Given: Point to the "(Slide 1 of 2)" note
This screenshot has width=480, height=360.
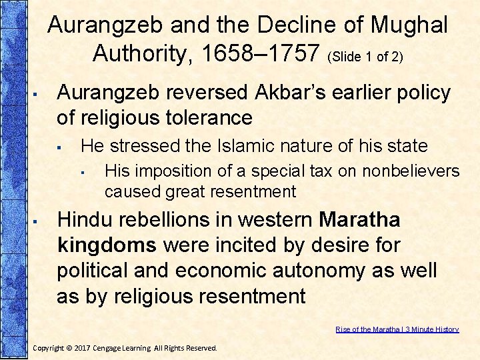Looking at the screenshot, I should tap(365, 57).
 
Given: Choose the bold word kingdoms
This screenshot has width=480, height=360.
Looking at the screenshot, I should tap(107, 245).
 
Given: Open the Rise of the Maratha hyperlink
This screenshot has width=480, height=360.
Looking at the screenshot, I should tap(397, 329).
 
